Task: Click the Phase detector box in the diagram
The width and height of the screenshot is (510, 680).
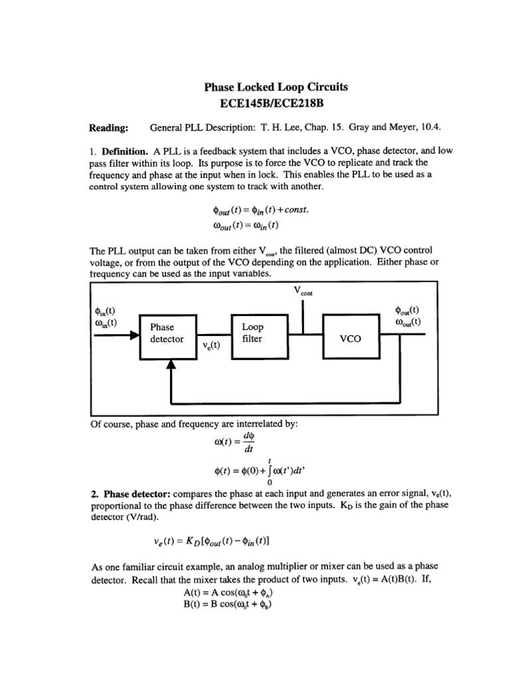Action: (x=167, y=333)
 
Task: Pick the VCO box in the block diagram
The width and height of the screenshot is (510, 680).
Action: (x=349, y=338)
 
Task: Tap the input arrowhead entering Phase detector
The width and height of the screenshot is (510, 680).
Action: (x=134, y=337)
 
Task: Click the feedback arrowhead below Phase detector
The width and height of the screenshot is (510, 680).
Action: (x=171, y=364)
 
